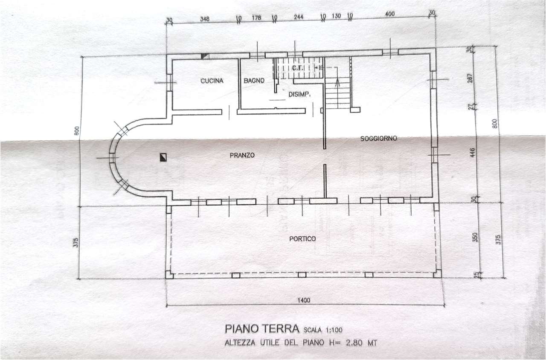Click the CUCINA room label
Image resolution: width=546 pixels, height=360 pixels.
(x=212, y=81)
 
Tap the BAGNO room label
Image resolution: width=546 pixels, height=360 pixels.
(x=254, y=81)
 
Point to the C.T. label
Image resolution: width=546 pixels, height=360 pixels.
(x=297, y=68)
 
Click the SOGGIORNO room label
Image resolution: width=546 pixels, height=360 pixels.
(x=379, y=138)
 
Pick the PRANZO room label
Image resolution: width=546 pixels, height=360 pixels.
(x=242, y=155)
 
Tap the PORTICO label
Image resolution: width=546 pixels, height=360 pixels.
(x=302, y=239)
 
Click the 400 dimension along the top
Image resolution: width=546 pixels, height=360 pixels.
(x=389, y=14)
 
